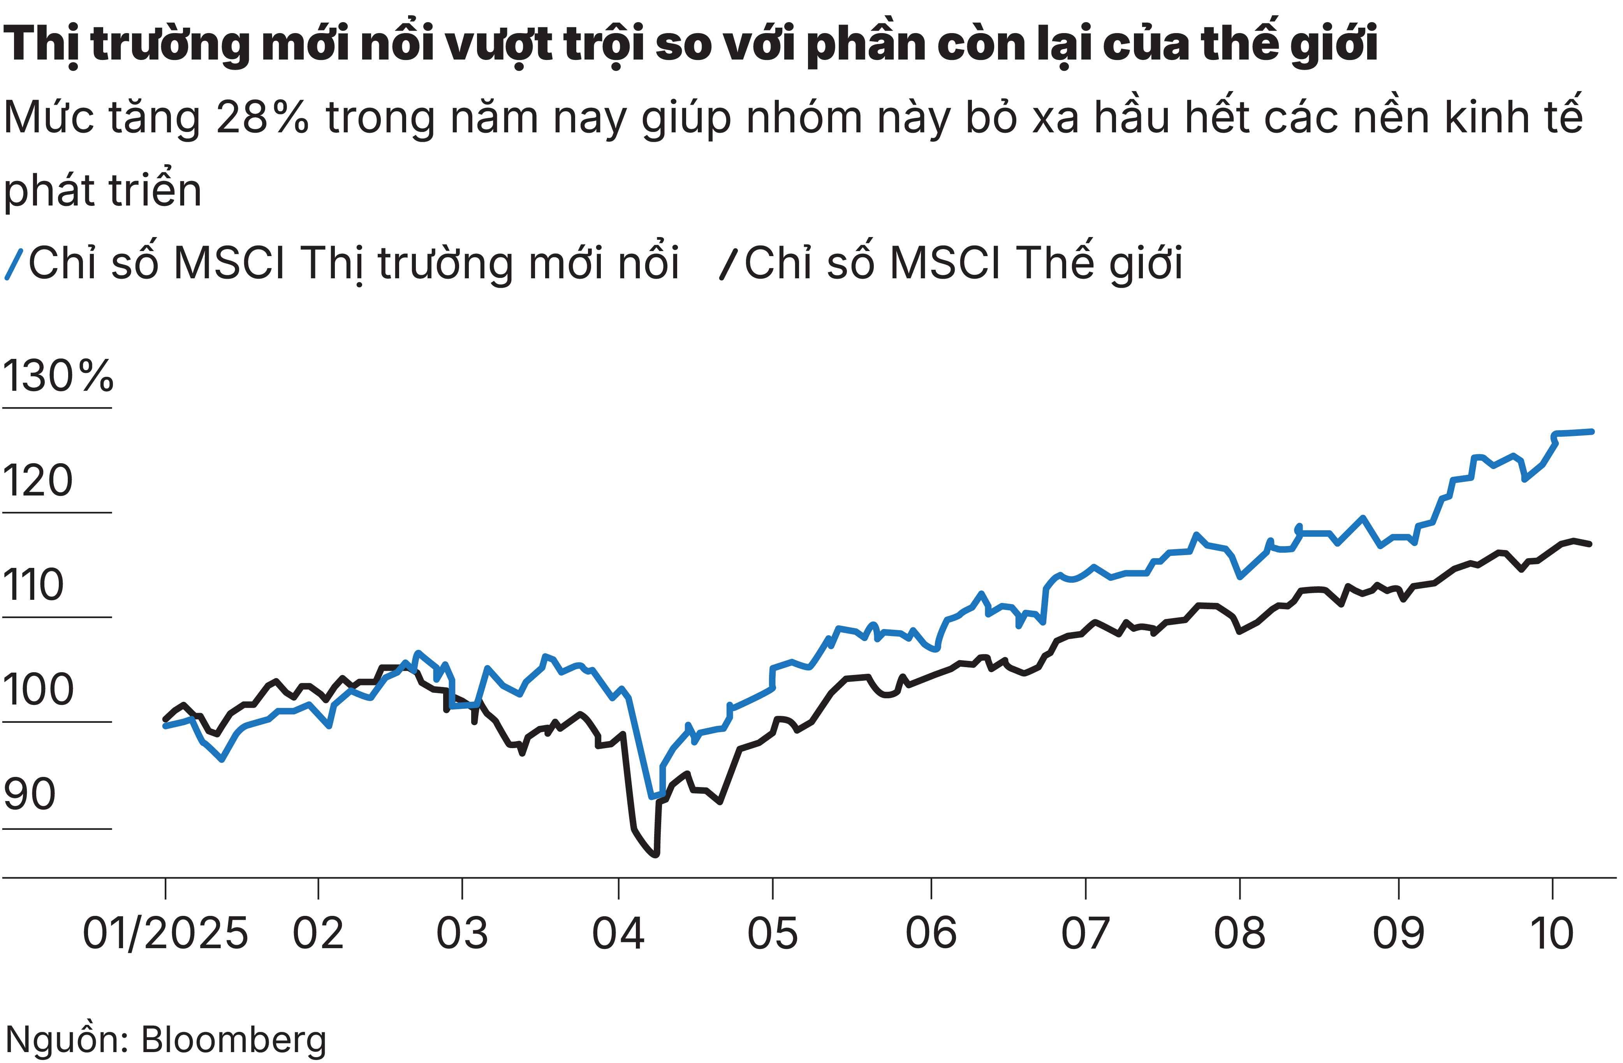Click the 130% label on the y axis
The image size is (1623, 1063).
click(x=58, y=376)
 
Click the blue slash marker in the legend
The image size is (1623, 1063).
click(x=14, y=264)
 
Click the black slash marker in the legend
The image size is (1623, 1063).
click(x=728, y=264)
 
